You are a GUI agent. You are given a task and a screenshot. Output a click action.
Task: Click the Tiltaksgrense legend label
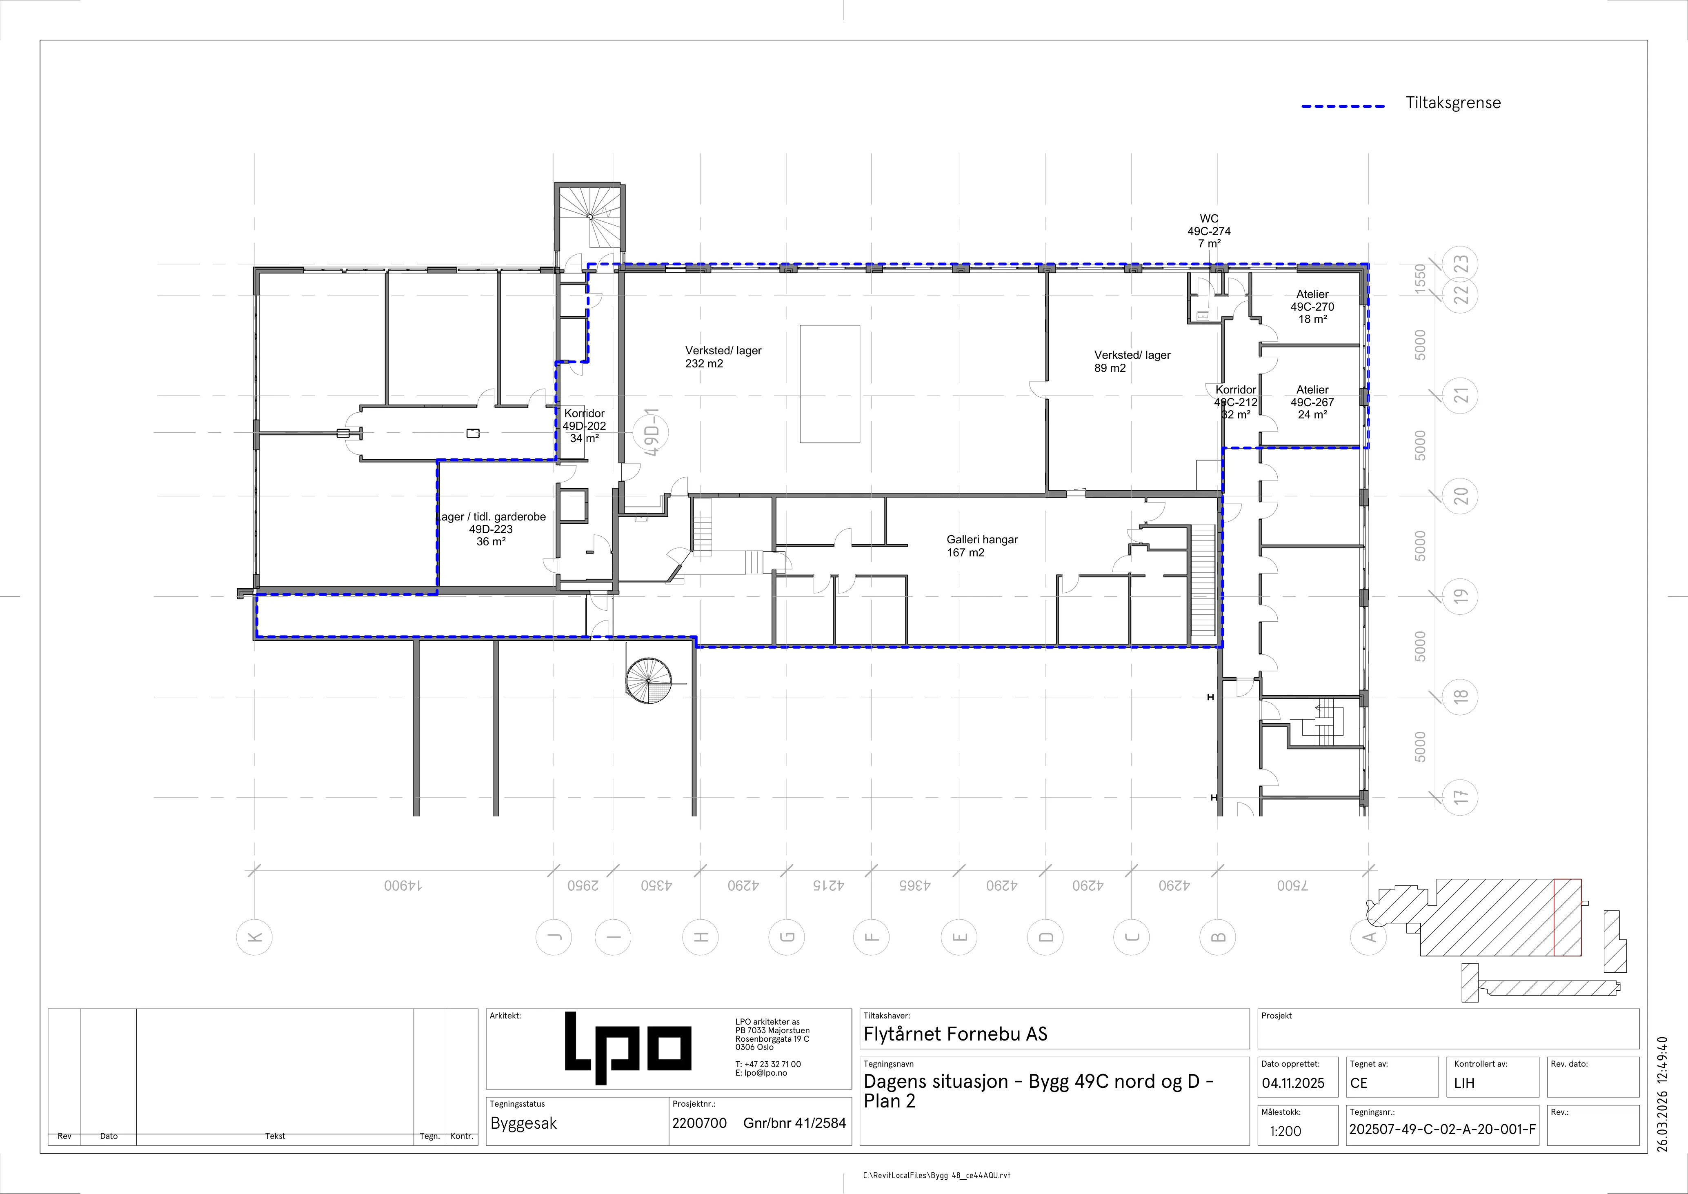point(1453,103)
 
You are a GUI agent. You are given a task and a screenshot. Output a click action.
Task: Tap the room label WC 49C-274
point(1209,231)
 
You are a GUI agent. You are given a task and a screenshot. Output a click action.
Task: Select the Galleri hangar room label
point(982,545)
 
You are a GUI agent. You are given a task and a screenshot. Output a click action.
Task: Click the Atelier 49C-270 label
point(1312,307)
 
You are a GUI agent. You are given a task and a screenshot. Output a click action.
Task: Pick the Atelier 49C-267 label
point(1312,402)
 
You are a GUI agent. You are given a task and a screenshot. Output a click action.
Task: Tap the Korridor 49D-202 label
point(585,426)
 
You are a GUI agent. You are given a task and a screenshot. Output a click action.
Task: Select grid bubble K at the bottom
point(254,937)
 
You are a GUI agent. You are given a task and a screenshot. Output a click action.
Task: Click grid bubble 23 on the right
point(1461,264)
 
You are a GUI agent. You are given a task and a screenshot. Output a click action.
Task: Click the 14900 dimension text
point(404,885)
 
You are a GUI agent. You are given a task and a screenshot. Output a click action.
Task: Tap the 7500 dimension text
point(1292,885)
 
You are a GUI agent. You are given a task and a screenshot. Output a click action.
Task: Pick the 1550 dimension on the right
point(1420,279)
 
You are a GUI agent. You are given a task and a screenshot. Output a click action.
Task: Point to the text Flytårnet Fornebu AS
point(955,1034)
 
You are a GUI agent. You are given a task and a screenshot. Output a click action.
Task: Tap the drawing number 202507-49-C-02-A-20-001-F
point(1442,1130)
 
